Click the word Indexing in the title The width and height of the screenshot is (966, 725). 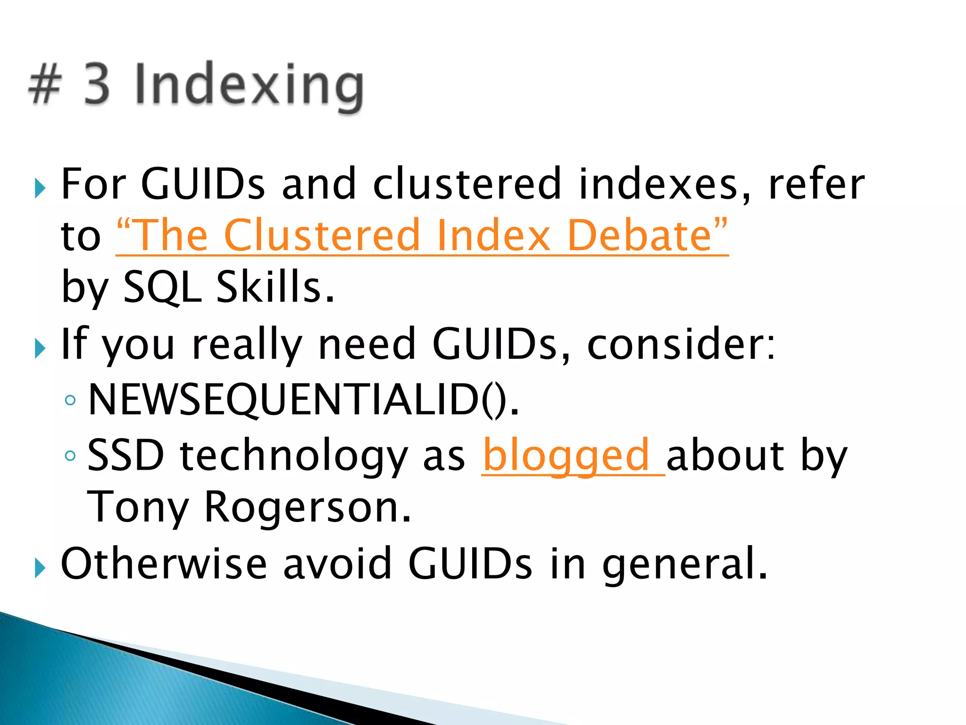coord(249,85)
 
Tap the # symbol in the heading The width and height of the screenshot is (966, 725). coord(45,85)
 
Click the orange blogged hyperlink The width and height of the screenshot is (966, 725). coord(566,455)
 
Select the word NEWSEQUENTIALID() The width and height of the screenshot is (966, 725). coord(303,400)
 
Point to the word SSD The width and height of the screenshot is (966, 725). coord(125,455)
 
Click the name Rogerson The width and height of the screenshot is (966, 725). coord(308,507)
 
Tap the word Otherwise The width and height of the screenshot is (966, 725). coord(164,564)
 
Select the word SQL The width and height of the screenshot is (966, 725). coord(163,288)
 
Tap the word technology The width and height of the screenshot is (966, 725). coord(293,456)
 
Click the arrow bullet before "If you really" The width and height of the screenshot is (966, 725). coord(40,349)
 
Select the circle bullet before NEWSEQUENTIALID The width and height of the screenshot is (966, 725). coord(70,401)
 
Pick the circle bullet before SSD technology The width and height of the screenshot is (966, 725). coord(70,456)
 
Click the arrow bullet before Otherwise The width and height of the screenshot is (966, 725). coord(40,569)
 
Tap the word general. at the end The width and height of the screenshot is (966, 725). coord(684,565)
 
